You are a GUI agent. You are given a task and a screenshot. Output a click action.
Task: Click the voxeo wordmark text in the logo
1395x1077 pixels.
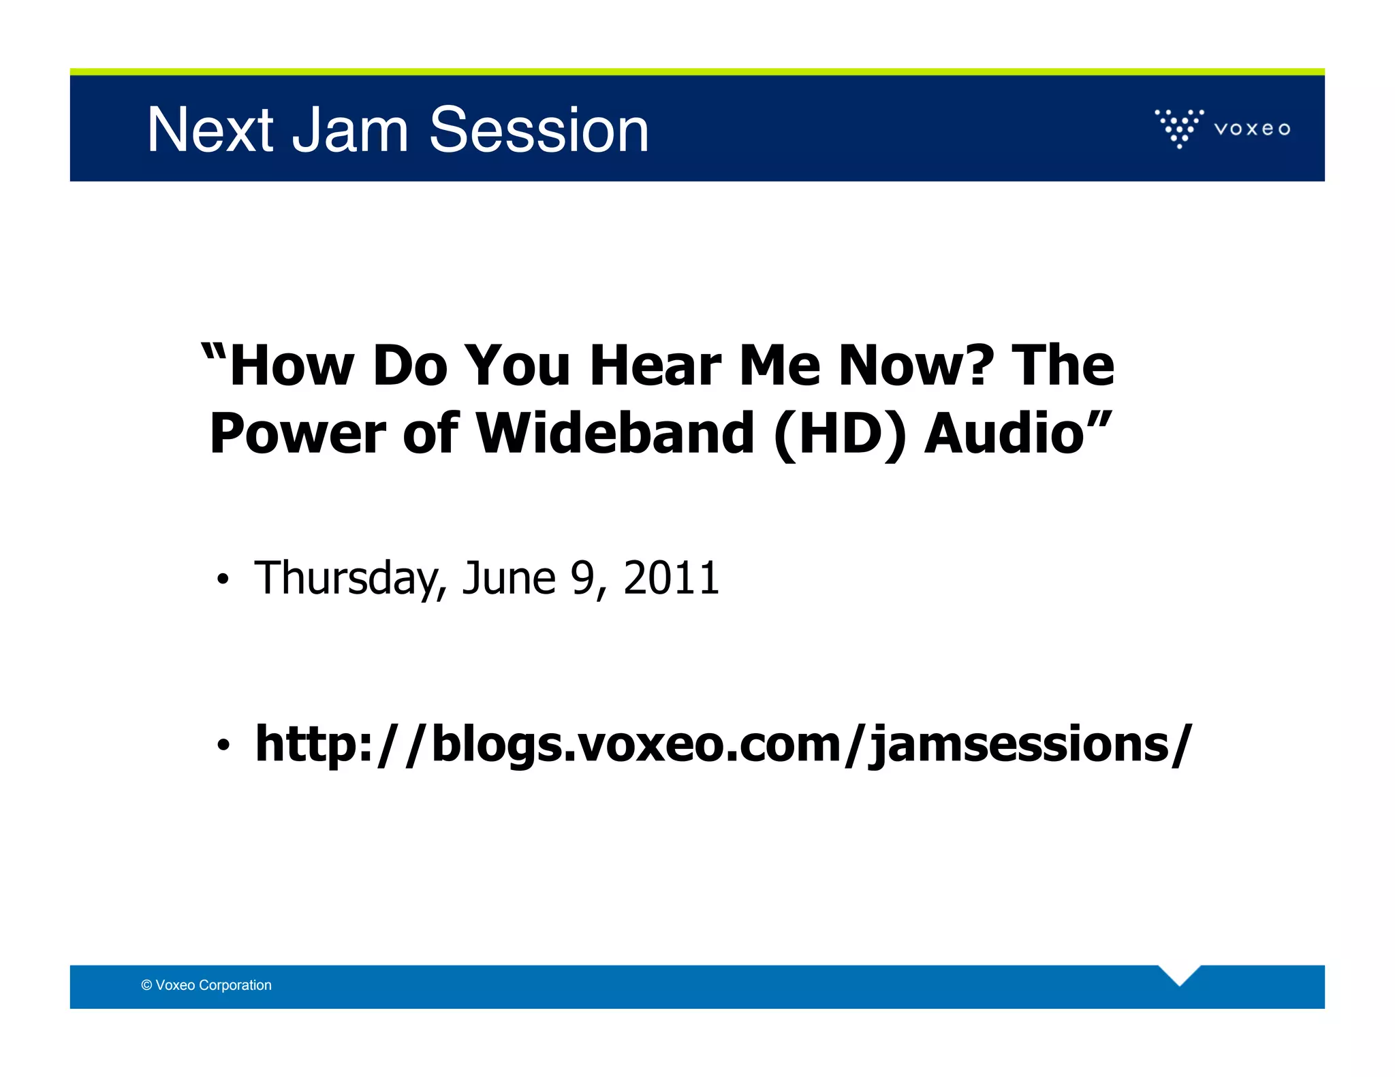[1252, 129]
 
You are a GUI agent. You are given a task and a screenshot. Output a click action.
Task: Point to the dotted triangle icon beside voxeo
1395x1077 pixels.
[1179, 127]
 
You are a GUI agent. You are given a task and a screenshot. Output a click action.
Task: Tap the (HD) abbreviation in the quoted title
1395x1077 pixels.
[841, 434]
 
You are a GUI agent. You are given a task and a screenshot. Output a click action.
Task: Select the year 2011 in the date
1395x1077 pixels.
[671, 579]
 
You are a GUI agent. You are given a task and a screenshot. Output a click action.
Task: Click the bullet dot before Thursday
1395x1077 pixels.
[222, 580]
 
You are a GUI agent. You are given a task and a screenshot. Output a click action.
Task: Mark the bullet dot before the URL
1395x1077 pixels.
[222, 745]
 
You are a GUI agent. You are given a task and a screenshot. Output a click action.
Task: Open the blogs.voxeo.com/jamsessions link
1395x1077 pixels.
[723, 744]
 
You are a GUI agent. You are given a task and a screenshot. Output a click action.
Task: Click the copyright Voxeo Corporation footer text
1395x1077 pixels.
[206, 985]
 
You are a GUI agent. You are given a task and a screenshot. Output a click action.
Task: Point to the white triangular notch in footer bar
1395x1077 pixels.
[1179, 974]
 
